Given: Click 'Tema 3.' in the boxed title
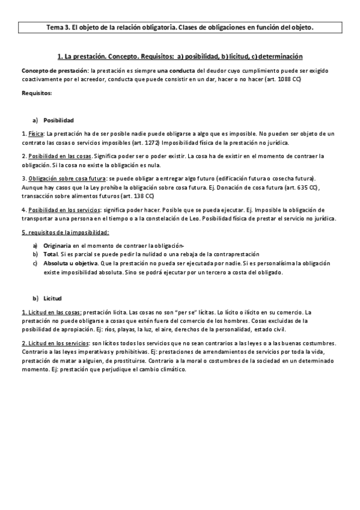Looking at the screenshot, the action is tap(59, 27).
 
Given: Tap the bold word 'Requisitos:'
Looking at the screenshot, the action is tap(37, 93).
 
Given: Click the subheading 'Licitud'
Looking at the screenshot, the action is tap(52, 298).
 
